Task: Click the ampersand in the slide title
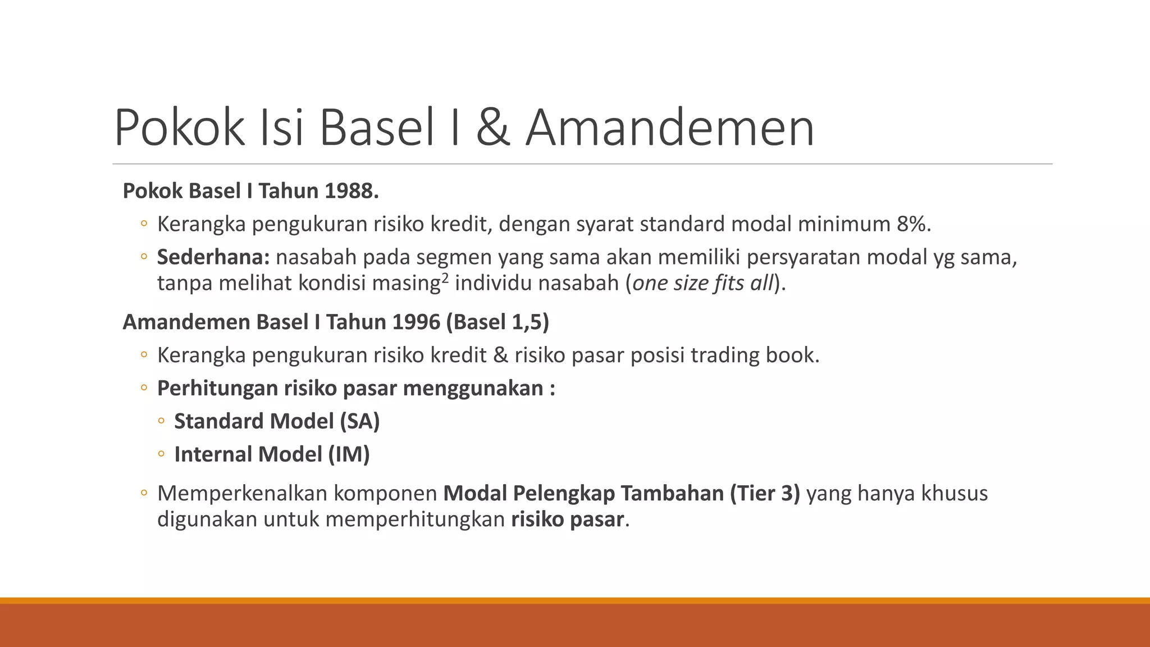pyautogui.click(x=493, y=129)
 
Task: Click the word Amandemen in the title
pyautogui.click(x=669, y=129)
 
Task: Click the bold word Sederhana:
pyautogui.click(x=213, y=257)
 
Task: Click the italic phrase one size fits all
pyautogui.click(x=703, y=283)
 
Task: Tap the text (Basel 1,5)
pyautogui.click(x=498, y=322)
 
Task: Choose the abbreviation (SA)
pyautogui.click(x=360, y=421)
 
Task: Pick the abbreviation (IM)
pyautogui.click(x=349, y=454)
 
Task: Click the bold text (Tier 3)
pyautogui.click(x=765, y=493)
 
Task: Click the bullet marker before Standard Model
pyautogui.click(x=161, y=421)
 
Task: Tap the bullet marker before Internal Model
pyautogui.click(x=161, y=454)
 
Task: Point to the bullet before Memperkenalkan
pyautogui.click(x=144, y=493)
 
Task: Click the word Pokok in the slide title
pyautogui.click(x=179, y=129)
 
